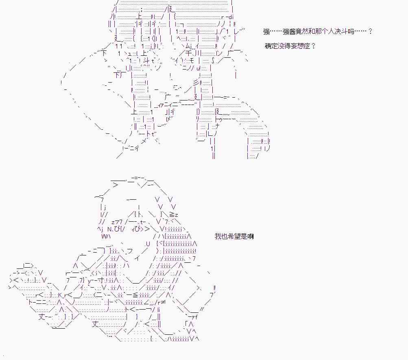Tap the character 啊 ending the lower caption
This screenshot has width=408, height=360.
pyautogui.click(x=251, y=236)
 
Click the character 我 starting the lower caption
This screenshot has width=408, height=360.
pyautogui.click(x=218, y=236)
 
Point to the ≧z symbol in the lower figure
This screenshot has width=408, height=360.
pyautogui.click(x=174, y=214)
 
